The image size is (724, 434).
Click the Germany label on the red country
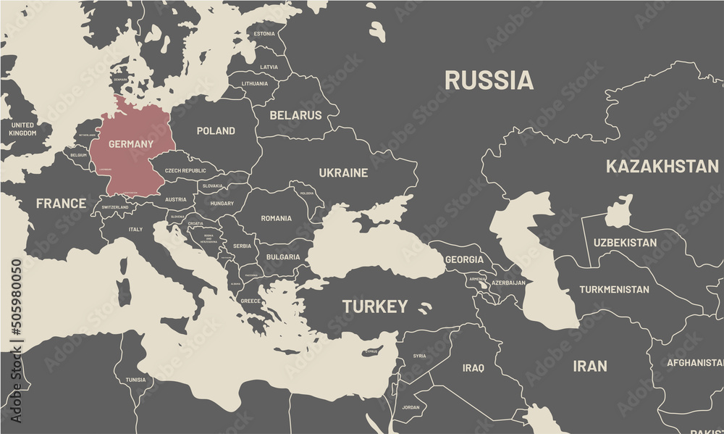click(x=130, y=144)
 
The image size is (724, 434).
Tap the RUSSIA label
click(x=489, y=80)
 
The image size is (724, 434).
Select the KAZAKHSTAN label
click(x=662, y=166)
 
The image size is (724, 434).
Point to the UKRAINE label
click(x=343, y=173)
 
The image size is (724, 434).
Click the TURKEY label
click(x=375, y=306)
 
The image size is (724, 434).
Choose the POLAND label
click(x=216, y=131)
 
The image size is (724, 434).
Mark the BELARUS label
click(x=295, y=115)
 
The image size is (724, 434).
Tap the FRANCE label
click(x=61, y=204)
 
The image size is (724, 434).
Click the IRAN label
click(x=590, y=366)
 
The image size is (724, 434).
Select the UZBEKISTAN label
click(x=625, y=243)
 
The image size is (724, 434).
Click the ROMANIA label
click(x=276, y=218)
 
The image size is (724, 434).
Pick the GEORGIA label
click(x=463, y=259)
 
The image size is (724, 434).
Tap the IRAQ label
click(x=473, y=368)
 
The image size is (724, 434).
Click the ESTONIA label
click(x=264, y=34)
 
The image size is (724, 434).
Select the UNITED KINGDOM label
click(x=22, y=129)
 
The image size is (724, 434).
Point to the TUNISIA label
click(x=135, y=380)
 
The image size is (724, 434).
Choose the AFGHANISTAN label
click(x=694, y=362)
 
